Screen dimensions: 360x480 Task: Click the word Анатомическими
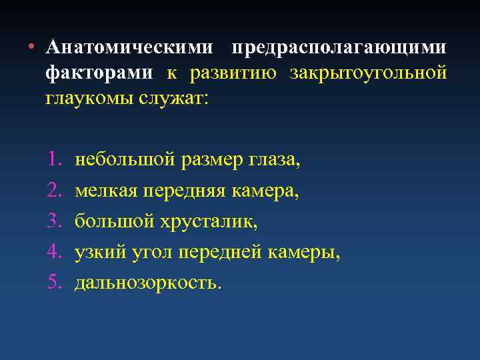[x=130, y=48]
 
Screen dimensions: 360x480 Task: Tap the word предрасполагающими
[x=339, y=48]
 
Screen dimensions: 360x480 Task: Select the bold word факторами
[x=99, y=73]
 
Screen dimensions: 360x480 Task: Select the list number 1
[x=54, y=160]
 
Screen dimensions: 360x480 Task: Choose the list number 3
[x=54, y=221]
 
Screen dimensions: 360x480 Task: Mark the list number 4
[x=54, y=252]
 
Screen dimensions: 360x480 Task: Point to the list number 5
[x=54, y=283]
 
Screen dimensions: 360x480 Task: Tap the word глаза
[x=273, y=160]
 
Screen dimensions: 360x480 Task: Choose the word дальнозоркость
[x=146, y=283]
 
